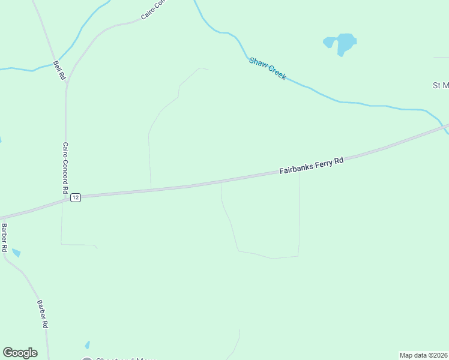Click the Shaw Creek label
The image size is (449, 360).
[268, 68]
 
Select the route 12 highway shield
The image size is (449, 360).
[75, 197]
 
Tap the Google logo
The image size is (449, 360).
[20, 353]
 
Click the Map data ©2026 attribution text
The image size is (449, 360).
[424, 355]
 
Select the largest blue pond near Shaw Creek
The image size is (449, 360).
[346, 43]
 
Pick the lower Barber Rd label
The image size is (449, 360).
[42, 314]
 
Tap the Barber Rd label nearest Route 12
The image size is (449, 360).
[4, 238]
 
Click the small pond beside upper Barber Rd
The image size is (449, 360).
[16, 253]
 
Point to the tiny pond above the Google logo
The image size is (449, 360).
[88, 345]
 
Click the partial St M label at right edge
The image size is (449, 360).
[441, 85]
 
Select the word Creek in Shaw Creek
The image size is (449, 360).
[276, 73]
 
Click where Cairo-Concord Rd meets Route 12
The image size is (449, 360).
[65, 200]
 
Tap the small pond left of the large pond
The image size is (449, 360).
[328, 43]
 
